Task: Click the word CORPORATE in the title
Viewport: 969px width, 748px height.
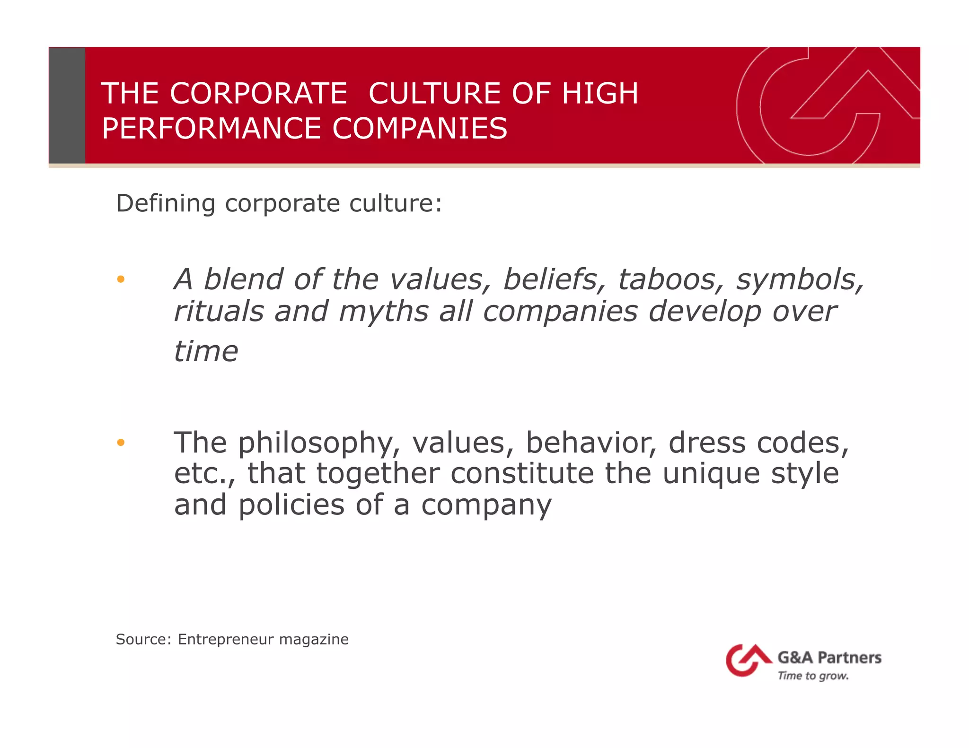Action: coord(258,93)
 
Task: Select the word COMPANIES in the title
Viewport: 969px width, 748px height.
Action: coord(420,129)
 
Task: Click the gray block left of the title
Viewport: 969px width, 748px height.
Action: coord(67,105)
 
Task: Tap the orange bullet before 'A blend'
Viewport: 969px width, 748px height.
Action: coord(121,279)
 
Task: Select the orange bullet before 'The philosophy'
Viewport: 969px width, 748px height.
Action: coord(121,443)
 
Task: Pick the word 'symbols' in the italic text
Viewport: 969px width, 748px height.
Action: coord(800,279)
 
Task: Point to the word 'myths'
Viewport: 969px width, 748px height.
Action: coord(384,312)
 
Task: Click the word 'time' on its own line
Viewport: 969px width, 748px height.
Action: coord(206,351)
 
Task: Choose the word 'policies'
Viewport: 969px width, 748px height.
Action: coord(291,505)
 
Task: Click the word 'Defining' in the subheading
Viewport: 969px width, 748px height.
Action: coord(166,204)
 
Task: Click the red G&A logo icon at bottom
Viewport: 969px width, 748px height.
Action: coord(747,660)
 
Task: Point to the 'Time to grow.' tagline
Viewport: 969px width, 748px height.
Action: coord(813,676)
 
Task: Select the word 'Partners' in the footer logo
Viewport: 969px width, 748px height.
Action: coord(849,658)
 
